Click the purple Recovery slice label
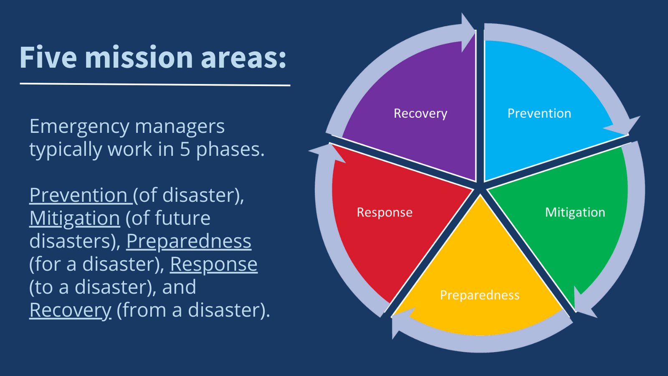click(x=420, y=114)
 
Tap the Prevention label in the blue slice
click(x=539, y=113)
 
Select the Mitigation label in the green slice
click(x=575, y=213)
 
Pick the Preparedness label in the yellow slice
click(x=480, y=295)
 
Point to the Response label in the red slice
click(x=385, y=213)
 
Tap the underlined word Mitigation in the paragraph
click(x=75, y=219)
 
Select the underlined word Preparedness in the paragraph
click(x=189, y=241)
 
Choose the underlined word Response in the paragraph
click(x=214, y=265)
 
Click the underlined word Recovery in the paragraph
click(x=71, y=311)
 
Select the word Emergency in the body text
click(x=79, y=127)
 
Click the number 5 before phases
click(x=185, y=150)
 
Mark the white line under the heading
click(x=155, y=84)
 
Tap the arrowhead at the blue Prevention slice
click(x=623, y=126)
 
